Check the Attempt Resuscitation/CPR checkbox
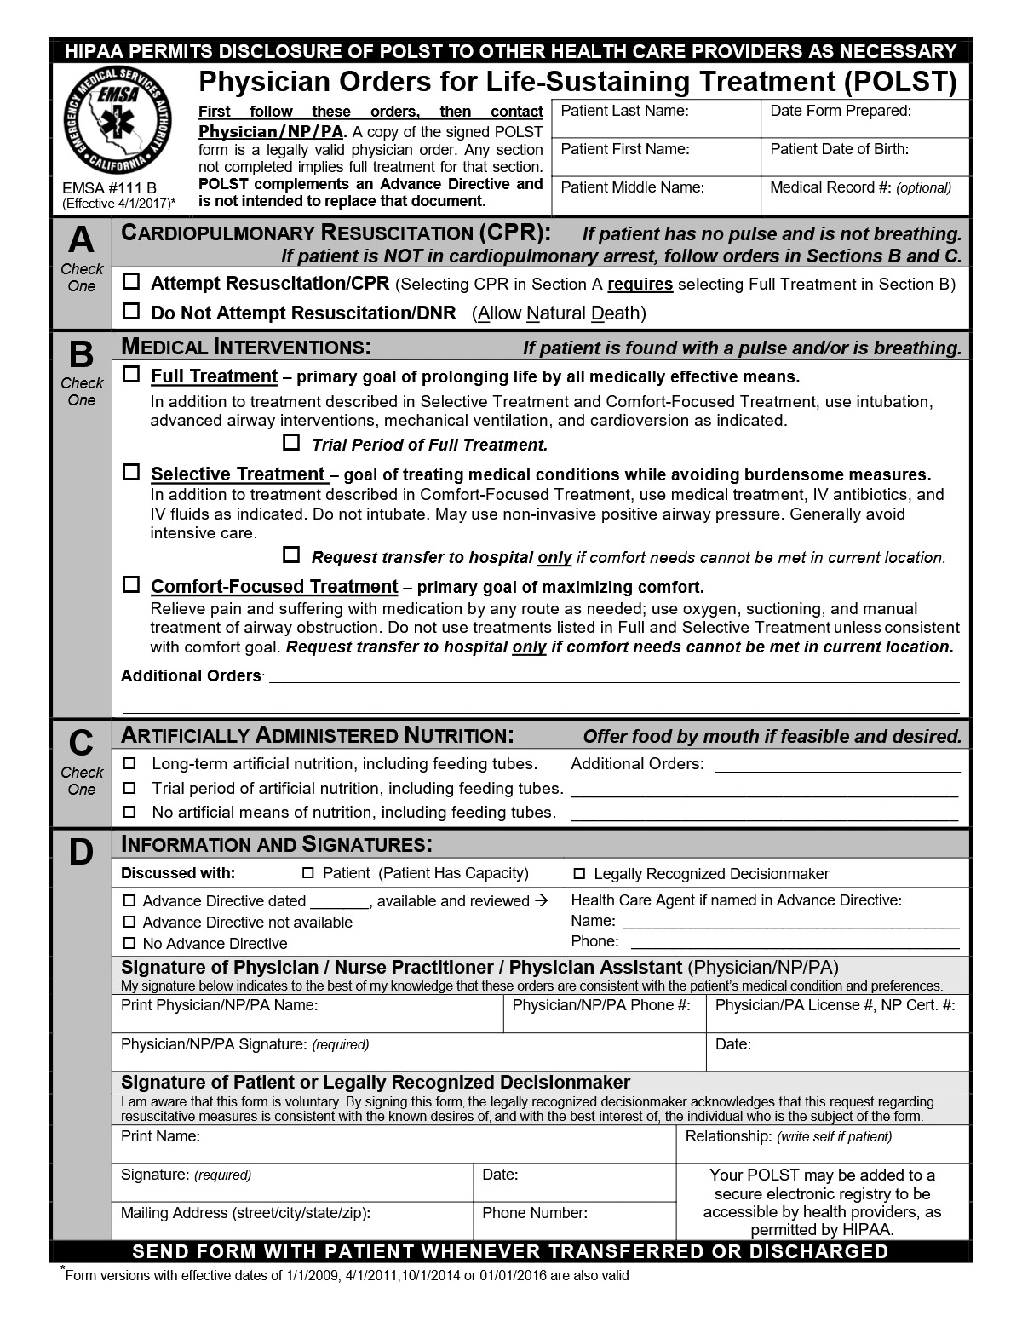[x=131, y=281]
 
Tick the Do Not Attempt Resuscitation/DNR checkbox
[x=131, y=311]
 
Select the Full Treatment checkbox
[x=131, y=374]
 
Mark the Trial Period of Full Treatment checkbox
[x=292, y=442]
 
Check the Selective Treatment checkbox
[x=131, y=471]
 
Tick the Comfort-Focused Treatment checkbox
[x=131, y=584]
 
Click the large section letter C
[x=81, y=743]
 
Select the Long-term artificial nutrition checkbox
[x=129, y=763]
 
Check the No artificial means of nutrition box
[x=129, y=812]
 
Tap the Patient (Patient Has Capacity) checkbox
[x=308, y=873]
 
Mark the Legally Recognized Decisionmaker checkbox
[x=579, y=873]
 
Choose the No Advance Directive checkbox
[x=129, y=943]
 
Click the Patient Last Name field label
[x=624, y=110]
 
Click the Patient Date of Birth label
[x=839, y=149]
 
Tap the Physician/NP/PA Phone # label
[x=600, y=1005]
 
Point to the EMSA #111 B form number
[x=109, y=187]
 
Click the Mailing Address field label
[x=245, y=1213]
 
